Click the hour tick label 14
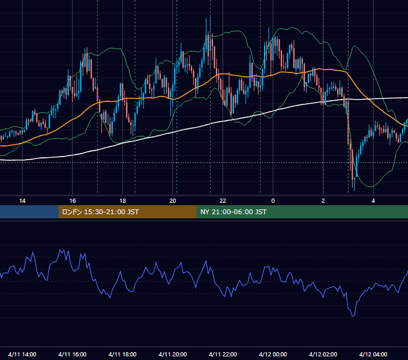pos(22,201)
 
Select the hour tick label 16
pos(73,201)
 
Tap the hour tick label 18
pos(122,201)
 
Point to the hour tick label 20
pos(173,201)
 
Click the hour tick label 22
pos(223,201)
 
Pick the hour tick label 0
pos(273,201)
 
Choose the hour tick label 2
pos(323,201)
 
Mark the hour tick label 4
pos(373,201)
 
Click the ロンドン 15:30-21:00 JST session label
pos(100,212)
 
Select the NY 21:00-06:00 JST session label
pos(233,212)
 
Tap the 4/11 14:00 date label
pos(22,354)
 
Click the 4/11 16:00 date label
pos(73,354)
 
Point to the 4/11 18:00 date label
pos(122,354)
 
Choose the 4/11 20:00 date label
pos(173,354)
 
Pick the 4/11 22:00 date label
pos(223,354)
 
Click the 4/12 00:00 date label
pos(273,354)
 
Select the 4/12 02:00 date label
pos(323,354)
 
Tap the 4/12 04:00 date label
pos(373,354)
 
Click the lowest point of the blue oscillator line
pos(353,317)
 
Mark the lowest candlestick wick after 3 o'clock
pos(355,190)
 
